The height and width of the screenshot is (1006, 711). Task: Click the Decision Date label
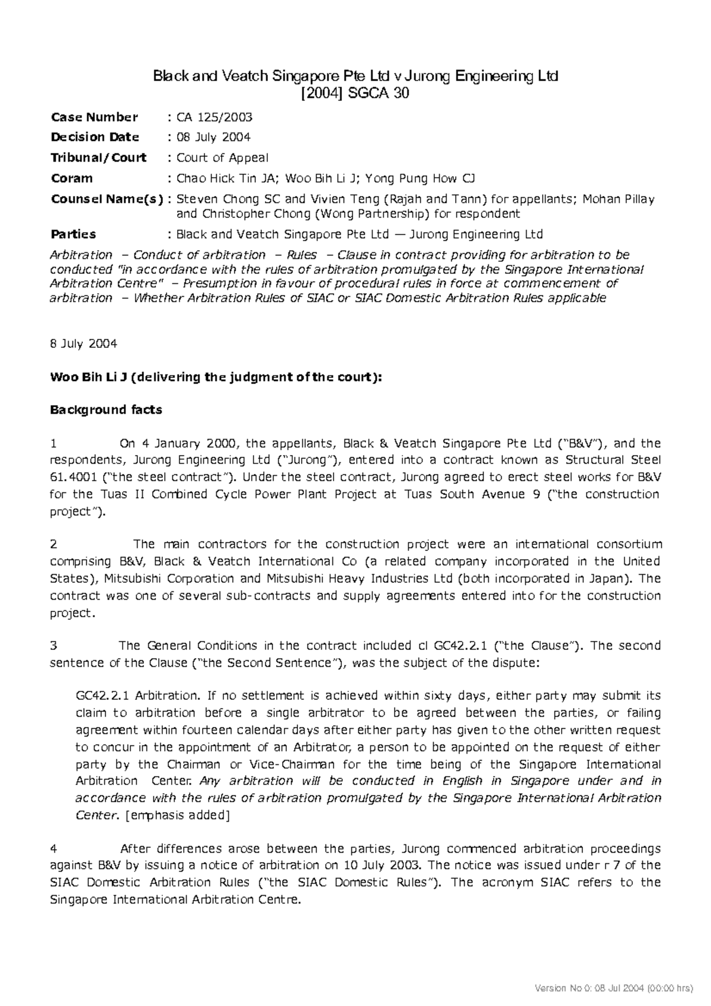pos(95,137)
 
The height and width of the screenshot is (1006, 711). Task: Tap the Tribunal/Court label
pos(98,158)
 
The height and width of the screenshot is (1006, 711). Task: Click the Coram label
pos(72,178)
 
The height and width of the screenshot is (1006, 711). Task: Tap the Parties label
pos(73,234)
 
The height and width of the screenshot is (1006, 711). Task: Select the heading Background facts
pos(106,409)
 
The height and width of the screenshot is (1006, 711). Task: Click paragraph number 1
pos(53,443)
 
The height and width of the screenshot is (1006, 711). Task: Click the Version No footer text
pos(613,988)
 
